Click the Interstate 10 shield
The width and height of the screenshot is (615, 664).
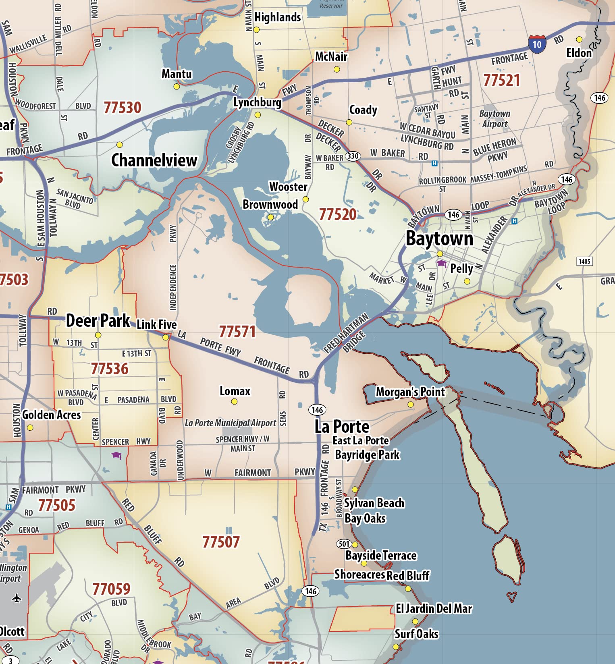(x=537, y=44)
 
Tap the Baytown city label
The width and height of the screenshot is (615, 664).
(x=439, y=238)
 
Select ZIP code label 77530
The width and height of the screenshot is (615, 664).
(x=123, y=108)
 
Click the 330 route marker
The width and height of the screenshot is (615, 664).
(x=353, y=156)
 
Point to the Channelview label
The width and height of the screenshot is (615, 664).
(x=154, y=160)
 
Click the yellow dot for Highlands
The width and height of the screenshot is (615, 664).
(x=256, y=30)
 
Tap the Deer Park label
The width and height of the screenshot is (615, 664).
(x=98, y=321)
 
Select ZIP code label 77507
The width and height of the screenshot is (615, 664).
(x=221, y=542)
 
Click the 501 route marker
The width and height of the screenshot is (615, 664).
(x=344, y=544)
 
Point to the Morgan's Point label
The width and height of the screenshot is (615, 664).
(x=410, y=392)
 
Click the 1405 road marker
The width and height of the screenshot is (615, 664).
(x=584, y=261)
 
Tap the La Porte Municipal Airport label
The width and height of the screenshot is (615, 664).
(x=230, y=423)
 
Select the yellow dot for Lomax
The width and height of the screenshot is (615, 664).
(x=234, y=401)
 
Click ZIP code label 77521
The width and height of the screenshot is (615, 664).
(x=501, y=80)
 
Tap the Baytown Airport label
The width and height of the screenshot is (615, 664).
(x=494, y=119)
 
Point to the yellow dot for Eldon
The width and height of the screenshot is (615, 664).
(x=579, y=39)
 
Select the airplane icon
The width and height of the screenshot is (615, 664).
(x=17, y=598)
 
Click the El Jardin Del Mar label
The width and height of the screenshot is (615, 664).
(x=434, y=608)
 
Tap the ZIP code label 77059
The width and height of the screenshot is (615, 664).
(x=111, y=589)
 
